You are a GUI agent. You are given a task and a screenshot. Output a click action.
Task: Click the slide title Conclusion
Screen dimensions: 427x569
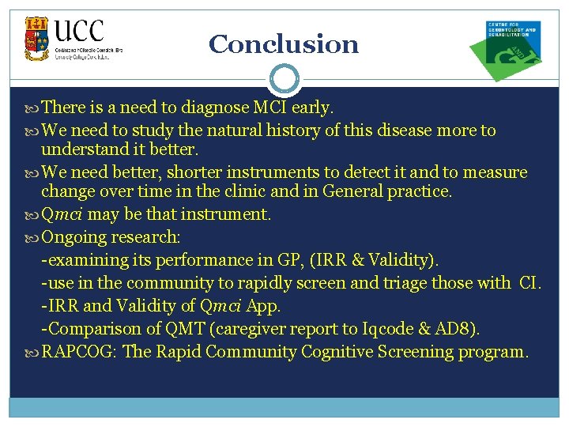coord(284,44)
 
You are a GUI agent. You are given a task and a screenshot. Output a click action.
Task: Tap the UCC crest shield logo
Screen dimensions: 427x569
coord(36,39)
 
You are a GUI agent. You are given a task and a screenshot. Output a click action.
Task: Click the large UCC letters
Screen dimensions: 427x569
coord(79,32)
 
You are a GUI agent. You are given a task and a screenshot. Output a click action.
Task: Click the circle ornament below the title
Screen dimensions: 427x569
coord(284,79)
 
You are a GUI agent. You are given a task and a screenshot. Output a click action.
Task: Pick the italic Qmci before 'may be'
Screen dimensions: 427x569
coord(64,215)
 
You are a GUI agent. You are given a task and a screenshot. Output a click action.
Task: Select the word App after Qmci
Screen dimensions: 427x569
coord(263,306)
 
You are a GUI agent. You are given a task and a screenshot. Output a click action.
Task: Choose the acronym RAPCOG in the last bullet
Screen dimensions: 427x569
coord(79,351)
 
